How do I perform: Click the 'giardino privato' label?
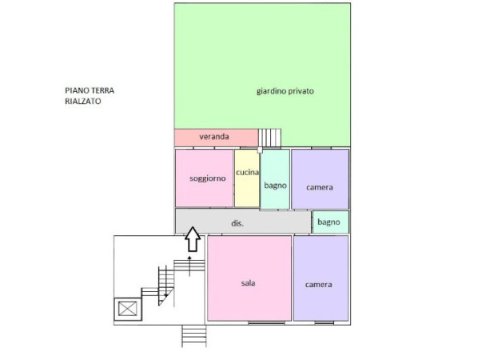point(285,91)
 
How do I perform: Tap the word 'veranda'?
point(214,136)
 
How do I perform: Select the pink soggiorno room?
point(204,178)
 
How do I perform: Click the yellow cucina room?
point(247,178)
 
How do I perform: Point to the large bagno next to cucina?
point(275,179)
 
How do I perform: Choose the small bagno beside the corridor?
point(331,222)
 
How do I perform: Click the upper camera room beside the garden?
point(320,179)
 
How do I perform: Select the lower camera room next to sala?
point(321,278)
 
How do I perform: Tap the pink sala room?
point(249,278)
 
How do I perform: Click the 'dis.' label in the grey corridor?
point(237,223)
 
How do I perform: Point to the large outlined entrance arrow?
point(193,239)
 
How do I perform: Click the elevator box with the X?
point(128,309)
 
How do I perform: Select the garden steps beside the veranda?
point(270,138)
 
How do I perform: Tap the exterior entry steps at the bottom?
point(194,336)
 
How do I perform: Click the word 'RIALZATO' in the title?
point(83,101)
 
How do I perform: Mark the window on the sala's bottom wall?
point(266,322)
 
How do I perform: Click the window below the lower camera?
point(324,322)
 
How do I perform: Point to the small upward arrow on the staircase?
point(189,266)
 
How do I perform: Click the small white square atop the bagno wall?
point(260,150)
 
